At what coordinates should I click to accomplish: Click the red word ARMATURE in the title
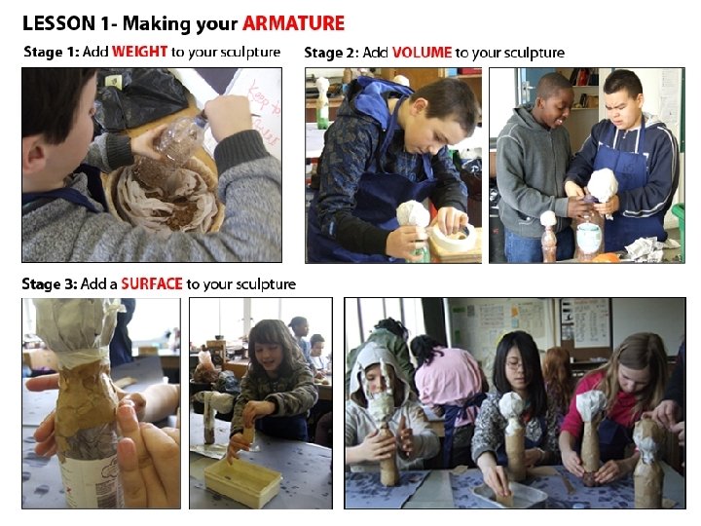pos(294,23)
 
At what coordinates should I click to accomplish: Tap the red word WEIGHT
pos(139,52)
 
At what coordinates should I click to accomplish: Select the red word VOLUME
pos(422,53)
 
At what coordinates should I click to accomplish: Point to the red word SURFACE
pos(152,283)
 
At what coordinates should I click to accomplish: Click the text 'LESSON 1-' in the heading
pos(66,23)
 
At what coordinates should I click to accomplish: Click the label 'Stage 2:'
pos(331,53)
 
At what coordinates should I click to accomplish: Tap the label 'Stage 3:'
pos(50,283)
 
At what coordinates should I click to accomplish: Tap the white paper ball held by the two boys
pos(603,184)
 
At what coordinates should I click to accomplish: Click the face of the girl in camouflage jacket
pos(271,353)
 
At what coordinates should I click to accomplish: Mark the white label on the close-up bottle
pos(88,482)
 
